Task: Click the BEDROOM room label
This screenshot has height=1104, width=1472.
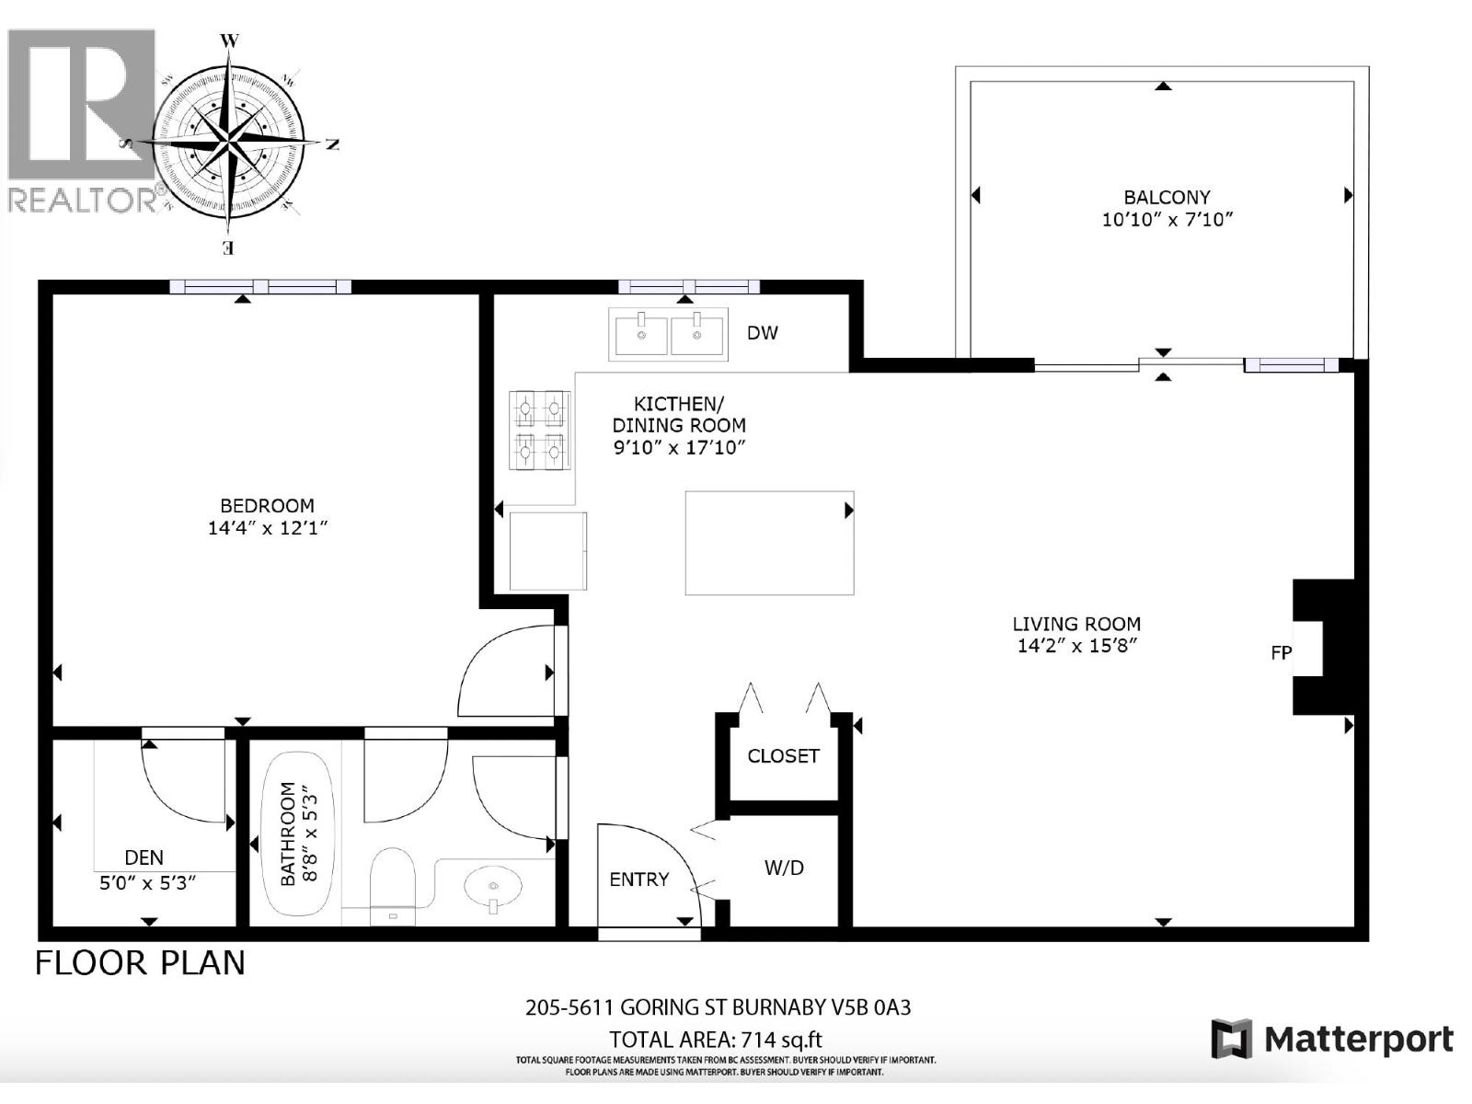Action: (267, 505)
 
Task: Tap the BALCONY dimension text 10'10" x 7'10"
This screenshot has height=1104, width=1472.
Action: (1166, 220)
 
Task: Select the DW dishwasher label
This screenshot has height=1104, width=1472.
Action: (762, 333)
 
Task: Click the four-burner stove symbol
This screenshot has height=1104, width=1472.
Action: (540, 430)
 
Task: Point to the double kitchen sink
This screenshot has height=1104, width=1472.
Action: (668, 334)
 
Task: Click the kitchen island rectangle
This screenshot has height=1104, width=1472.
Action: (769, 543)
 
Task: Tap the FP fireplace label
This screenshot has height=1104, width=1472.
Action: (1281, 652)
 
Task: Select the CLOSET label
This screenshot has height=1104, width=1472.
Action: (783, 756)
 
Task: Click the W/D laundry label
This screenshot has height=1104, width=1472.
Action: (784, 868)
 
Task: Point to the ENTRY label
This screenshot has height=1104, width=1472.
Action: (638, 880)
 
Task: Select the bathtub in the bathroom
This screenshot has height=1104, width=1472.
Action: (297, 834)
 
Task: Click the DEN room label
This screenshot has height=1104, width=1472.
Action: (144, 857)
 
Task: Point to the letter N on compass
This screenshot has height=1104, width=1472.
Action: (333, 144)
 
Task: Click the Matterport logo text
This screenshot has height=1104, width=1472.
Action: (1358, 1040)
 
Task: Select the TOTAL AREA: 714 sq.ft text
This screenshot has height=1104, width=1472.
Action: (716, 1040)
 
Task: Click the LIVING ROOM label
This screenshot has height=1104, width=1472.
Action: (1076, 624)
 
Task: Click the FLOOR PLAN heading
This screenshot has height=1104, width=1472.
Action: (140, 963)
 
